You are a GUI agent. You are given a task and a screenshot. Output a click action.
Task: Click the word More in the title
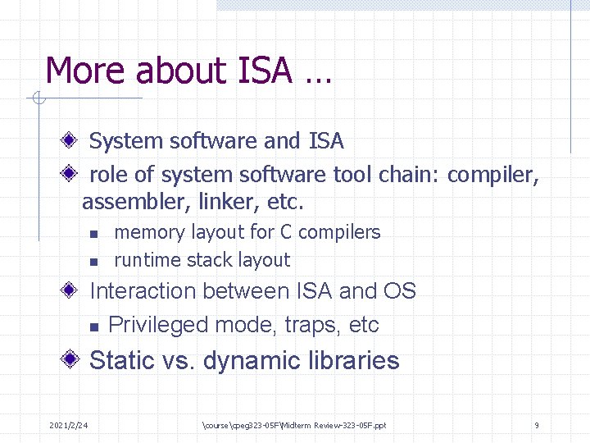(86, 71)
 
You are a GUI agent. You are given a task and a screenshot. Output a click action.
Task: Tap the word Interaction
(143, 291)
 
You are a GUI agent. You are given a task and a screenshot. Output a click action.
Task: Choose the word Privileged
(158, 325)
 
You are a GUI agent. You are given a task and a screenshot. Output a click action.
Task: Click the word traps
(312, 325)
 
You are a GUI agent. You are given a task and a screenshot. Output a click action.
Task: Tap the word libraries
(350, 361)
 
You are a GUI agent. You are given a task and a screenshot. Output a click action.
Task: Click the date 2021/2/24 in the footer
(69, 425)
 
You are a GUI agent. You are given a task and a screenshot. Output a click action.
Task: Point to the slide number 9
(536, 425)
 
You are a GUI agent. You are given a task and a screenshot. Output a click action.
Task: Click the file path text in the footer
(293, 425)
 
